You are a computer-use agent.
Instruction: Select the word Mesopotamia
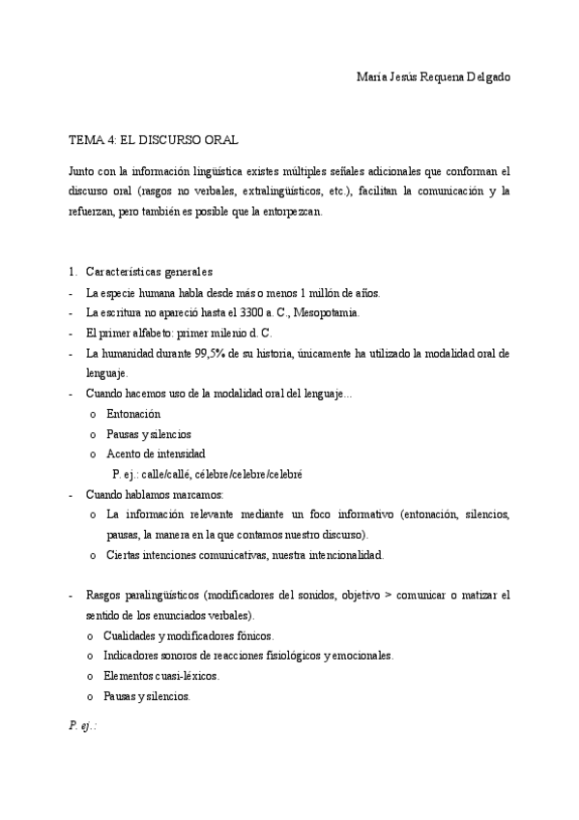(x=326, y=312)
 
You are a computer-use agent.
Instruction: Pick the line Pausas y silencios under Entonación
(x=149, y=433)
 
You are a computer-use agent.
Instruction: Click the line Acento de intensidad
(x=156, y=454)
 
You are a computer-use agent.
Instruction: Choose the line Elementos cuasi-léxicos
(x=162, y=676)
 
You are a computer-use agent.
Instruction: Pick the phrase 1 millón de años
(x=339, y=292)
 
